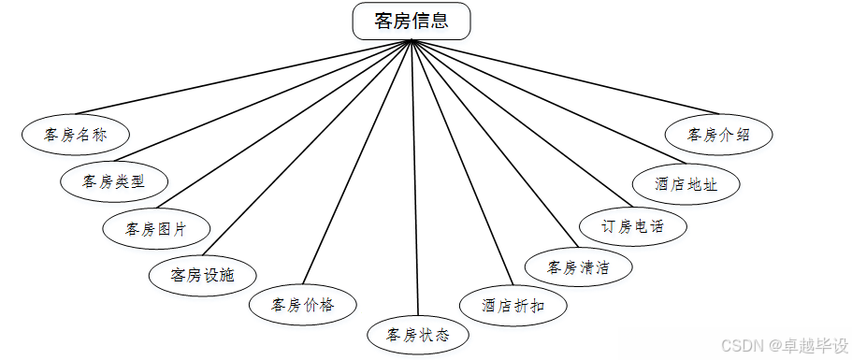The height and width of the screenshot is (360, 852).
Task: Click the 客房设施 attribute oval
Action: coord(202,275)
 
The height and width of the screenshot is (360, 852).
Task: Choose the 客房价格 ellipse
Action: coord(302,304)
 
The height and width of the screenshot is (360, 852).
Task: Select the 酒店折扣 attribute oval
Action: coord(513,305)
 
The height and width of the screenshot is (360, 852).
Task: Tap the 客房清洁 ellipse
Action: coord(579,267)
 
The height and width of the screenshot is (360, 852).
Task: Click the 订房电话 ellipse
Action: coord(631,226)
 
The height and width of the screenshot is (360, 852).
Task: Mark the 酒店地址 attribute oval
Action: coord(686,184)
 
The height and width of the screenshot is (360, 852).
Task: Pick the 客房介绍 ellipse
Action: coord(719,135)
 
